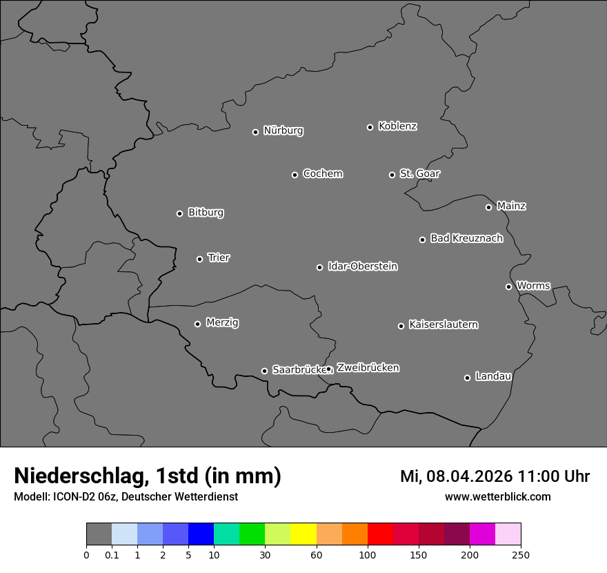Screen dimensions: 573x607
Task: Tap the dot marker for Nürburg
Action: point(255,132)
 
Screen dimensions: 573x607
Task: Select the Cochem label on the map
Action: point(322,173)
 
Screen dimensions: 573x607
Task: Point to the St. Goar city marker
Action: point(392,175)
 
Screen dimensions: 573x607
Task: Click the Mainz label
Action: point(511,206)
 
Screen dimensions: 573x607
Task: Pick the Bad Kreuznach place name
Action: point(466,238)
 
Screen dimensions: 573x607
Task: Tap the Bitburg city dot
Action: point(179,213)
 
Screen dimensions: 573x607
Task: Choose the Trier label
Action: point(219,258)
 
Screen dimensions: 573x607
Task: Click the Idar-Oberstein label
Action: point(362,266)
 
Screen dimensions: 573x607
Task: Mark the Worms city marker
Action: point(508,286)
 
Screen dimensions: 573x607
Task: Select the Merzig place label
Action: point(222,322)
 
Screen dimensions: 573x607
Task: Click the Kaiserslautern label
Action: point(443,324)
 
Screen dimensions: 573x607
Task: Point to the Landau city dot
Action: point(467,378)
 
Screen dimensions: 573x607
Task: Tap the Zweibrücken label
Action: point(368,368)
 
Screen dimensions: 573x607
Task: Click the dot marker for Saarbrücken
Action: point(264,371)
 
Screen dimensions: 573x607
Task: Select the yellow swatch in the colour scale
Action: point(303,534)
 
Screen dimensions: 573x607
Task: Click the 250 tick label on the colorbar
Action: point(521,554)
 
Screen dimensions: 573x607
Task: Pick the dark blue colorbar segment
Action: point(201,534)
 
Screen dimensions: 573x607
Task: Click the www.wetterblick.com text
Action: point(497,496)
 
